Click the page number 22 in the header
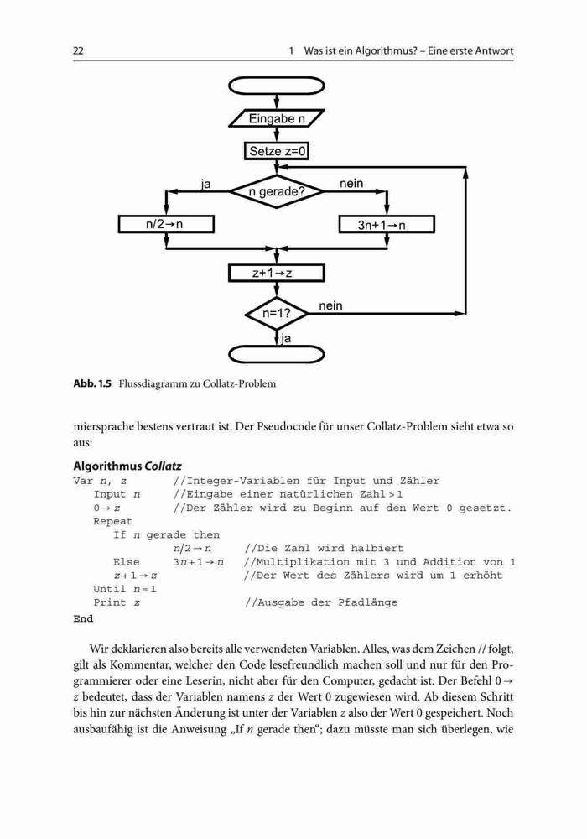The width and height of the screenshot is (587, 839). tap(78, 51)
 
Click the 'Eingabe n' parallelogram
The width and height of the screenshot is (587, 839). tap(277, 118)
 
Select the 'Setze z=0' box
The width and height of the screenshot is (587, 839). tap(277, 151)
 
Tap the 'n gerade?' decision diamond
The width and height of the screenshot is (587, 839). tap(277, 191)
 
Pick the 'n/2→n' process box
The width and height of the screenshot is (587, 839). tap(166, 224)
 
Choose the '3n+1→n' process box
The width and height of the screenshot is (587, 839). tap(387, 224)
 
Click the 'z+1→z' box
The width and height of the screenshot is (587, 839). tap(277, 273)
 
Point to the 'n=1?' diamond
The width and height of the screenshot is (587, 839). tap(277, 314)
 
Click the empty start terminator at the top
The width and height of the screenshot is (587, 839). tap(277, 85)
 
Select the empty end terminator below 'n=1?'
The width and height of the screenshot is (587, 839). tap(277, 354)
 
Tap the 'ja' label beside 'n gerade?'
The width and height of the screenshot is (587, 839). tap(205, 185)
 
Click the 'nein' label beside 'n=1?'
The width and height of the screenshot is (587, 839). tap(330, 305)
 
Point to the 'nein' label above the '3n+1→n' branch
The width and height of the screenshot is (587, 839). tap(351, 184)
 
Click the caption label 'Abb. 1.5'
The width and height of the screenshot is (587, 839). tap(92, 383)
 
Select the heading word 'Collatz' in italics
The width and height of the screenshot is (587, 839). tap(163, 466)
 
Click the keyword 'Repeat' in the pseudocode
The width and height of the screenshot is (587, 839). tap(113, 521)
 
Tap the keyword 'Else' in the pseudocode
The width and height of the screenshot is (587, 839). tap(126, 562)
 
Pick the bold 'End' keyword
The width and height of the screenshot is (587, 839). tap(83, 618)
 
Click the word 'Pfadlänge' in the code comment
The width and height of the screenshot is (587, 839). tap(367, 602)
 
